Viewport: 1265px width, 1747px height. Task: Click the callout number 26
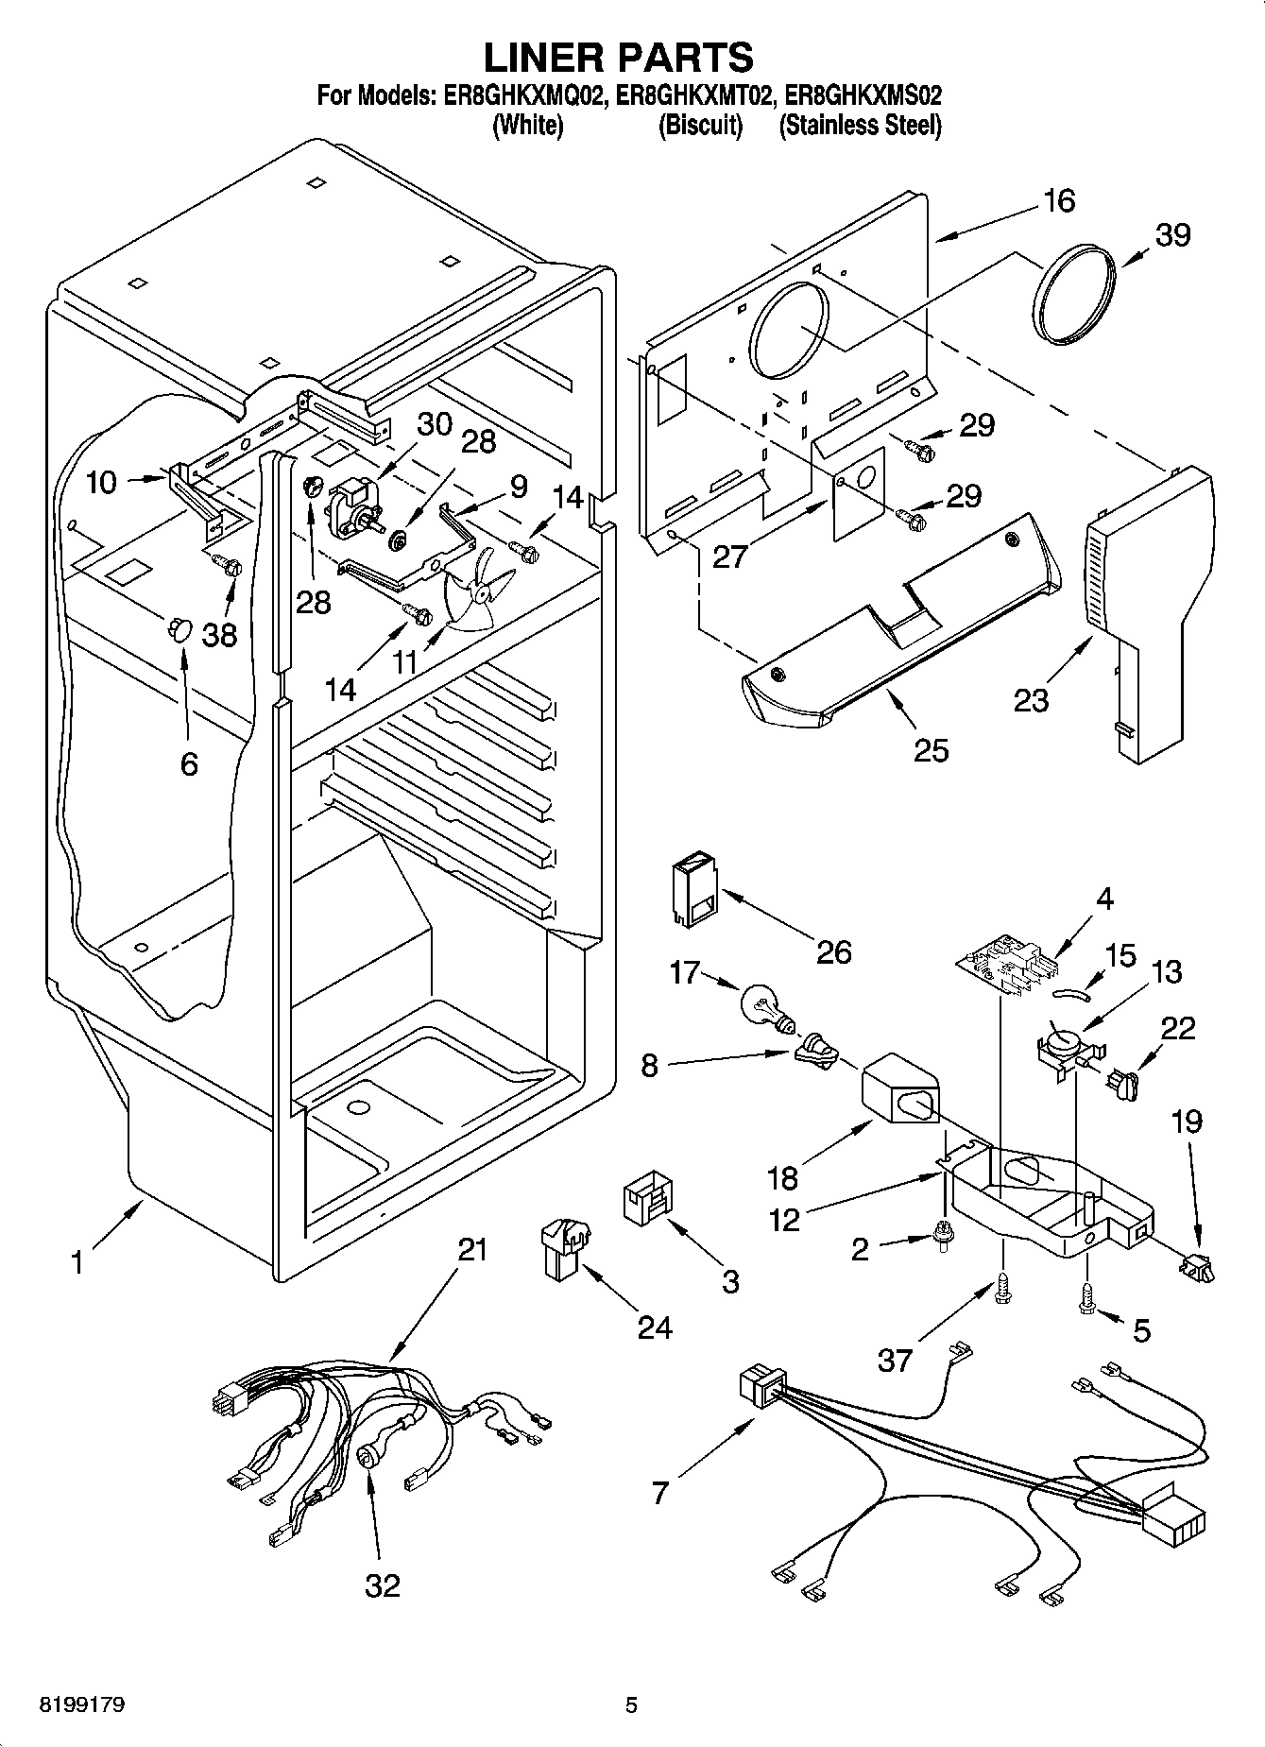click(x=833, y=951)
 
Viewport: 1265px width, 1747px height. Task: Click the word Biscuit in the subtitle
click(x=699, y=125)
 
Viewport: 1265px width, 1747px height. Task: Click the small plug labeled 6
click(x=178, y=627)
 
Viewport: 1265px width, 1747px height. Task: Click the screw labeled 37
click(x=1003, y=1291)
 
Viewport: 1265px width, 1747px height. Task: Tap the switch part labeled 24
click(x=564, y=1247)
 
